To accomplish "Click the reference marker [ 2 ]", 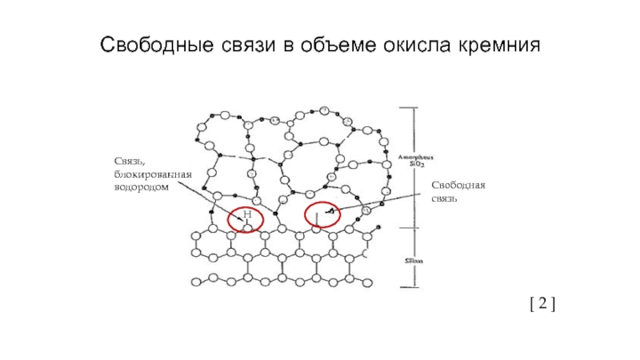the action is click(x=542, y=304).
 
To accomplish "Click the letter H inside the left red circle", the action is click(x=247, y=215).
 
